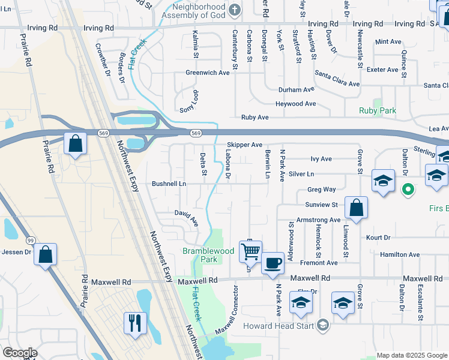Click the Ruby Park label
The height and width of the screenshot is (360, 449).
377,110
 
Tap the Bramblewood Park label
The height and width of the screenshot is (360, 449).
200,255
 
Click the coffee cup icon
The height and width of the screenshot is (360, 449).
273,262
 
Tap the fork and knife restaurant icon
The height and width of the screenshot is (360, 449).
135,323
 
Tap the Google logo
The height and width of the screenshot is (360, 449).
19,352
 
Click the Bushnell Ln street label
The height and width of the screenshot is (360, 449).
169,183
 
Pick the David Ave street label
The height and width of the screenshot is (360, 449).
186,217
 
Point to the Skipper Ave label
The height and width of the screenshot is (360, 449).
244,145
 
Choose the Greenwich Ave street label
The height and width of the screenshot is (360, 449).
207,73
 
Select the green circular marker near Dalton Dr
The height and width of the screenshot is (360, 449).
408,190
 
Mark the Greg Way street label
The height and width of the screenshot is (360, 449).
321,189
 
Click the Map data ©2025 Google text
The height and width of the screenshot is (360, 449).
411,355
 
